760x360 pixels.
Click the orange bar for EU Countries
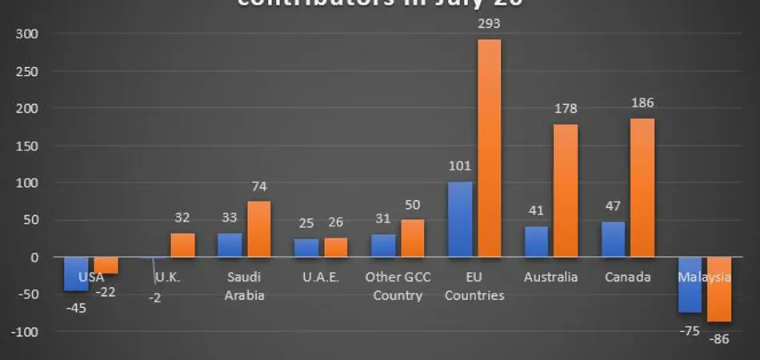(x=489, y=148)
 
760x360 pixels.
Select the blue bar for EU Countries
(x=459, y=219)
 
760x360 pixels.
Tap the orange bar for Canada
(x=642, y=188)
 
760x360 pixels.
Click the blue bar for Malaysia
(x=690, y=285)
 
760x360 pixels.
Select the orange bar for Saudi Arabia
(x=258, y=229)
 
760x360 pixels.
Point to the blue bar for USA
(x=76, y=274)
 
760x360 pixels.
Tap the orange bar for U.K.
(x=182, y=245)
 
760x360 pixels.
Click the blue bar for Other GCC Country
(x=383, y=246)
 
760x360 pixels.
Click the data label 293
(x=489, y=24)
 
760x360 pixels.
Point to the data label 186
(x=642, y=104)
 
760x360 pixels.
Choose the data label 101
(x=459, y=167)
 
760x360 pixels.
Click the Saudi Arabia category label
(x=243, y=286)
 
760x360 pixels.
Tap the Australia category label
(x=550, y=278)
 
